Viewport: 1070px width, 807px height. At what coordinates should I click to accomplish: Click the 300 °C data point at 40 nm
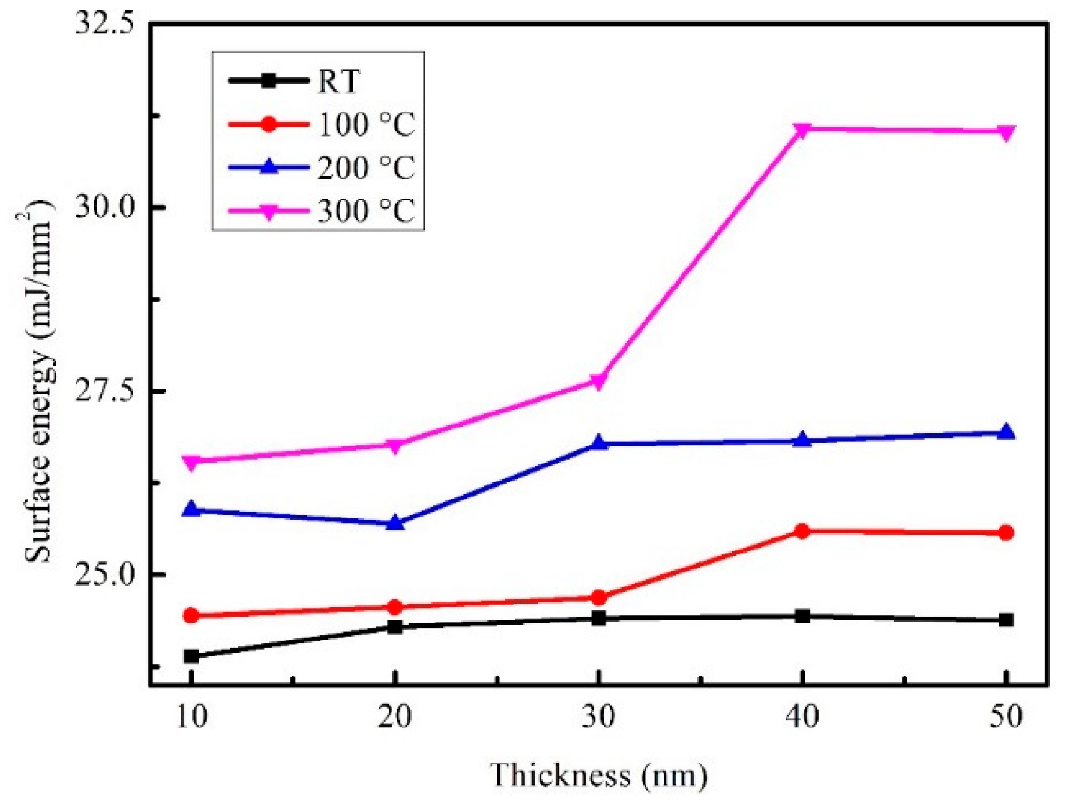(802, 130)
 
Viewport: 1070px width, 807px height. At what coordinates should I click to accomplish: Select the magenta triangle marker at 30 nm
(598, 381)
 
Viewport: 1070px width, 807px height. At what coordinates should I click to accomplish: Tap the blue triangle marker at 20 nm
(394, 523)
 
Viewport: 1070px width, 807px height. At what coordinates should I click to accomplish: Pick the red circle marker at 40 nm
(802, 531)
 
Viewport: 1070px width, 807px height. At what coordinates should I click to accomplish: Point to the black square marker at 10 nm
(191, 656)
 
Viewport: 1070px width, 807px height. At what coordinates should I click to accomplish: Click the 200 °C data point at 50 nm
(1006, 432)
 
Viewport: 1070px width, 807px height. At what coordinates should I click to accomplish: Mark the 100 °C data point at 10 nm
(191, 616)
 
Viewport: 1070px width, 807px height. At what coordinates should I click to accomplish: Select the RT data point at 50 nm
(1006, 620)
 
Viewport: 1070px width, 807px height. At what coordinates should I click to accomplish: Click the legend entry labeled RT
(338, 81)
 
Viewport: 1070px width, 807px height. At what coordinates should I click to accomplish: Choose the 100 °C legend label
(366, 125)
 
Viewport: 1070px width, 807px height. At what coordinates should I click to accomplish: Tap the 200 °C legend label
(366, 167)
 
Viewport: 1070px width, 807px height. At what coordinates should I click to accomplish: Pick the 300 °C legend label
(366, 211)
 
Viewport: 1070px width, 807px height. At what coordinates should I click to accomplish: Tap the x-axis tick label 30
(598, 716)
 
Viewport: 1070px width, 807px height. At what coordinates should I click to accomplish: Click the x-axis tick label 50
(1006, 716)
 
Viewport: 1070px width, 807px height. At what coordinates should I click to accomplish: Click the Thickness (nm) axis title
(598, 775)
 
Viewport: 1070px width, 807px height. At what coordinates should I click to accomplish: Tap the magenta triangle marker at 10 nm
(191, 462)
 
